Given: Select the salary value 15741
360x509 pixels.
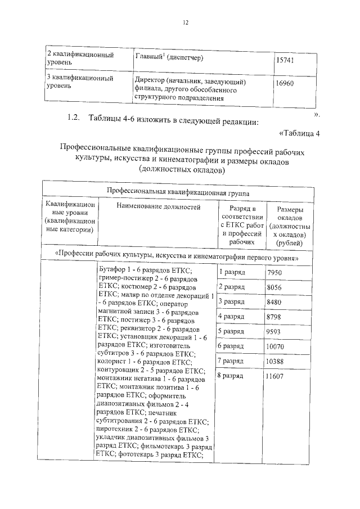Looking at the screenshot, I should pos(286,60).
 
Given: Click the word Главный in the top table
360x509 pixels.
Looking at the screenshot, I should pos(148,57).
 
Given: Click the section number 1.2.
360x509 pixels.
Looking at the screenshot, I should pos(74,118).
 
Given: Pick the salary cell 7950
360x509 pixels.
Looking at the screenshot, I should pos(275,272).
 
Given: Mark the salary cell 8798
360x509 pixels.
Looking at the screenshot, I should pos(275,317).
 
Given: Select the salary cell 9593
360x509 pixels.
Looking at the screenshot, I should pos(275,331).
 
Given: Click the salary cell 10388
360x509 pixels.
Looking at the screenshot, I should pos(277,361).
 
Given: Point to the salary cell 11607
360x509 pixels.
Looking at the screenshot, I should pos(277,375).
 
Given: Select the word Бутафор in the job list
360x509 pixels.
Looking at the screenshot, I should pos(112,271).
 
